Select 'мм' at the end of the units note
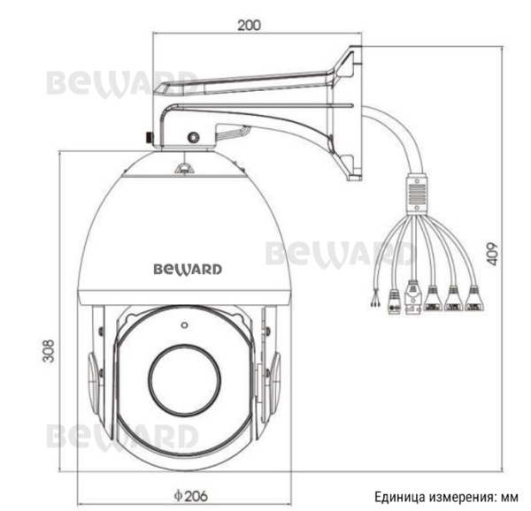coord(512,496)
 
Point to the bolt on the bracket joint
coord(191,136)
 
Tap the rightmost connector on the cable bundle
coord(475,300)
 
